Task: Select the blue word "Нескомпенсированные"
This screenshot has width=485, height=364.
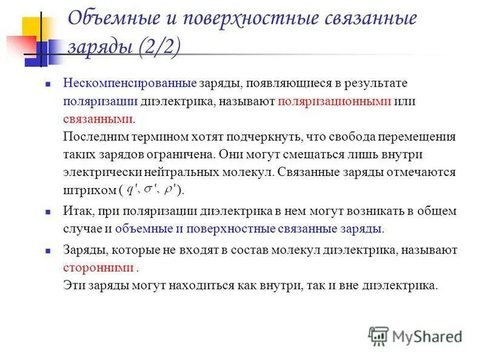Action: (x=130, y=83)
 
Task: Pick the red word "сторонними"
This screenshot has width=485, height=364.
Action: (x=98, y=267)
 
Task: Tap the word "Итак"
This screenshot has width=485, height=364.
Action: (x=75, y=212)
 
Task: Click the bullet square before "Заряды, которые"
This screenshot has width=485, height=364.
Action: (x=47, y=251)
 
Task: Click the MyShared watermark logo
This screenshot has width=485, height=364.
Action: (x=415, y=335)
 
